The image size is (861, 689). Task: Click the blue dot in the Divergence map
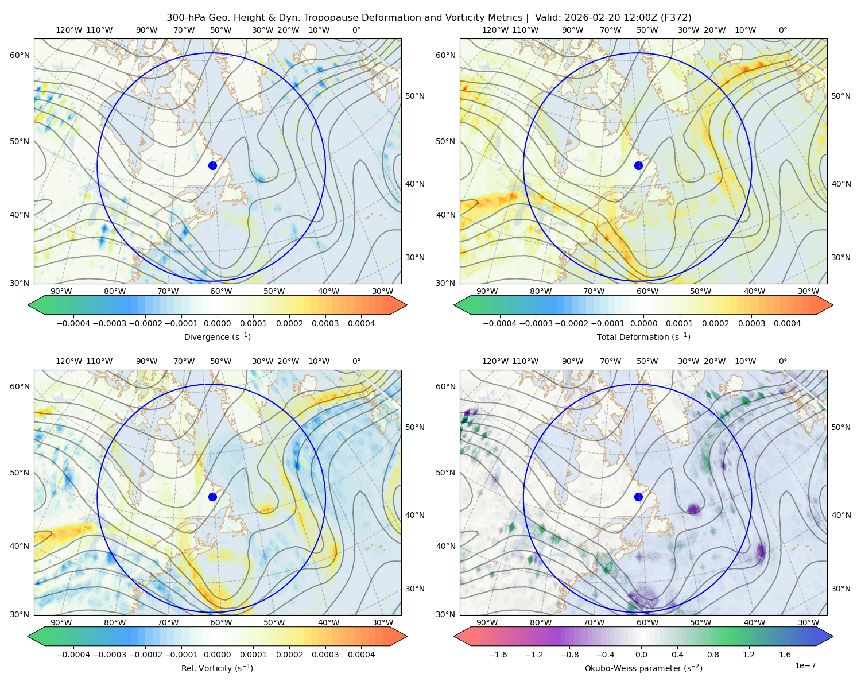212,165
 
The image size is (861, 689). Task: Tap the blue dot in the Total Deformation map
638,165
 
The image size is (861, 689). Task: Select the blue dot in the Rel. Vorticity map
212,497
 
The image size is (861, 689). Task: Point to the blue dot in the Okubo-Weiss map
638,497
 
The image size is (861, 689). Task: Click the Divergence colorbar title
217,337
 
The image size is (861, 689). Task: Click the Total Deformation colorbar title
643,337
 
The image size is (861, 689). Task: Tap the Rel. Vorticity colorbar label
217,668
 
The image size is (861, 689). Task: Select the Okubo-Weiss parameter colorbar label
643,668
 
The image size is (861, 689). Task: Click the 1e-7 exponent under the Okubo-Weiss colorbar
805,665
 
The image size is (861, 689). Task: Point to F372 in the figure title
677,18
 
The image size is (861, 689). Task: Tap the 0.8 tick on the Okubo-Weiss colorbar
713,655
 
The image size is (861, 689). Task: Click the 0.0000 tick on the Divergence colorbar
217,323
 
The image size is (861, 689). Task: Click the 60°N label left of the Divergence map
20,55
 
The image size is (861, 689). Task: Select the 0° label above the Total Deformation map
783,30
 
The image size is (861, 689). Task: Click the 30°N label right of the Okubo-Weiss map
841,589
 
